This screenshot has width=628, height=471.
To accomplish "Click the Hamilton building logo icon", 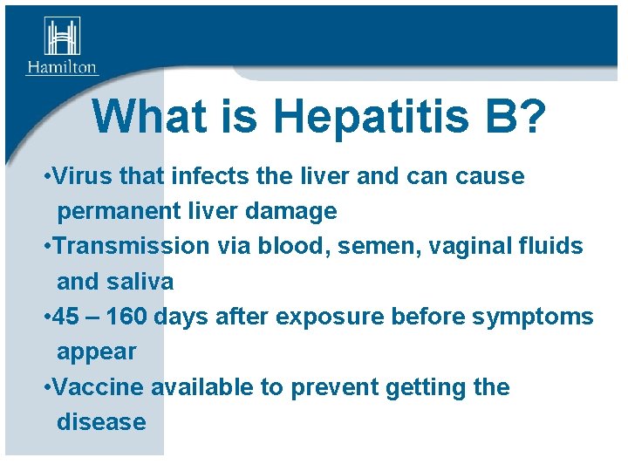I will pyautogui.click(x=61, y=37).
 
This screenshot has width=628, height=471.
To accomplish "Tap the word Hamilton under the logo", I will pyautogui.click(x=61, y=67).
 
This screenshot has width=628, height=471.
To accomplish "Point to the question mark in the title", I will pyautogui.click(x=534, y=117).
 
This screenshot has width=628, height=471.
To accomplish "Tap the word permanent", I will pyautogui.click(x=116, y=211).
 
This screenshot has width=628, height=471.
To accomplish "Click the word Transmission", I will pyautogui.click(x=130, y=246).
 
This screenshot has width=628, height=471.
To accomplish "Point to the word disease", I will pyautogui.click(x=101, y=421).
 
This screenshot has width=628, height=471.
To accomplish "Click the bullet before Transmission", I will pyautogui.click(x=46, y=247).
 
